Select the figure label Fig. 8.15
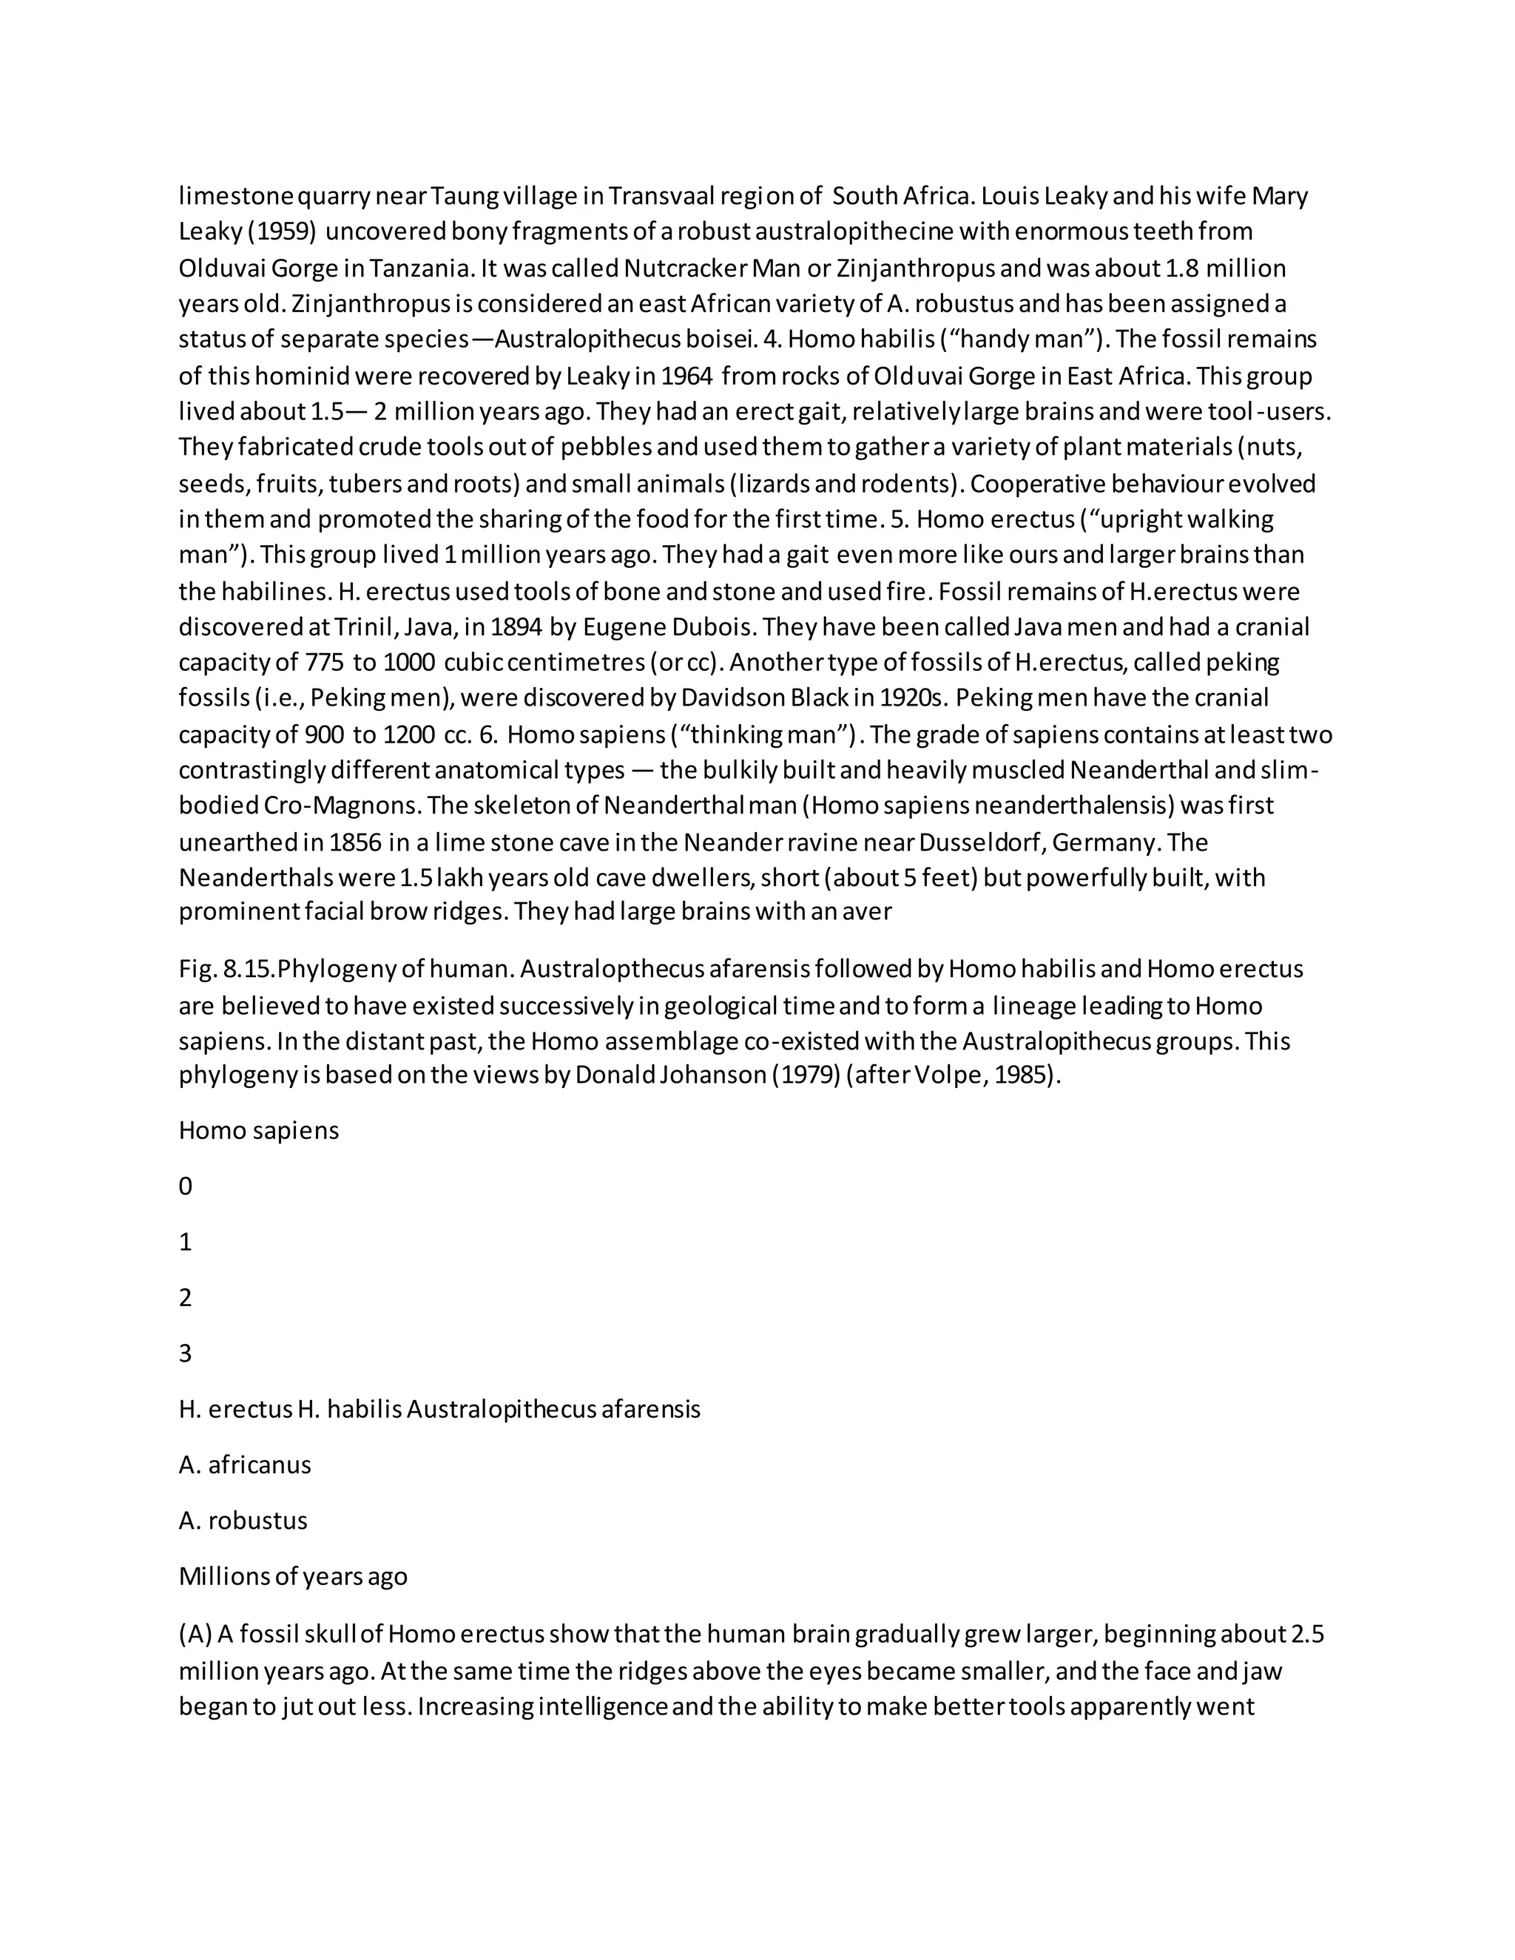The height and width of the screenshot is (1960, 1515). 227,969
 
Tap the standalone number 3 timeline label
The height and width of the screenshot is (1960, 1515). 186,1354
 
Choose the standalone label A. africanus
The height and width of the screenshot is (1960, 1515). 244,1464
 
